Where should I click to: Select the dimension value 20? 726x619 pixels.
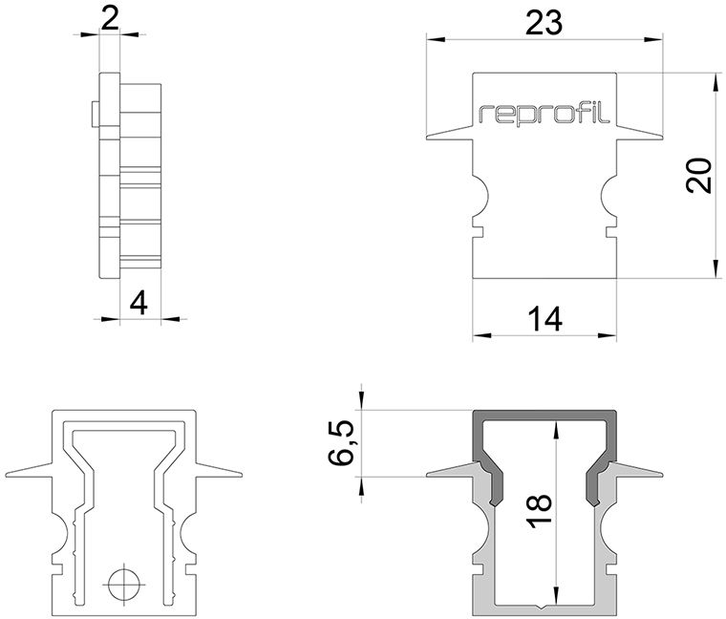point(700,176)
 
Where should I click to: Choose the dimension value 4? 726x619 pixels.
point(139,304)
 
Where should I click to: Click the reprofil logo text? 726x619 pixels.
point(544,115)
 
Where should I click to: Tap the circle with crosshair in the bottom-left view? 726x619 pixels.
point(123,582)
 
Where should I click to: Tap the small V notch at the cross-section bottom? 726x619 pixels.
point(544,606)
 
